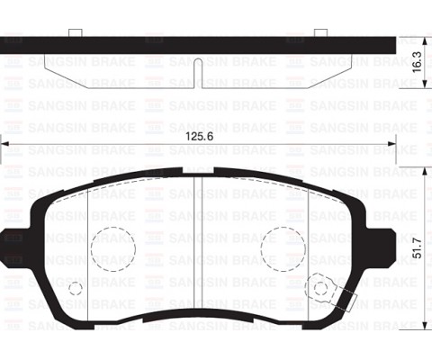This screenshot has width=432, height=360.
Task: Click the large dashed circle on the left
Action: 112,247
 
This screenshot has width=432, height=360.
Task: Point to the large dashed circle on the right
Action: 282,247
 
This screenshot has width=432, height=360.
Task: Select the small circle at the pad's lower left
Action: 76,289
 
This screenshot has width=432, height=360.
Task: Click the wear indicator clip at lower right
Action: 321,288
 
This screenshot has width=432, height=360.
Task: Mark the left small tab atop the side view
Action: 76,33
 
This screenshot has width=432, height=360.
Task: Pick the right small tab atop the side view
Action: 319,33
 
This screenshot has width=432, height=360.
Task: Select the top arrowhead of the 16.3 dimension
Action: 424,40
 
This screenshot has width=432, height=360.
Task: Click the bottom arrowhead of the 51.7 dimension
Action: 424,325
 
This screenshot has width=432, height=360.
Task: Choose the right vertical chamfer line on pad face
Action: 309,238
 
